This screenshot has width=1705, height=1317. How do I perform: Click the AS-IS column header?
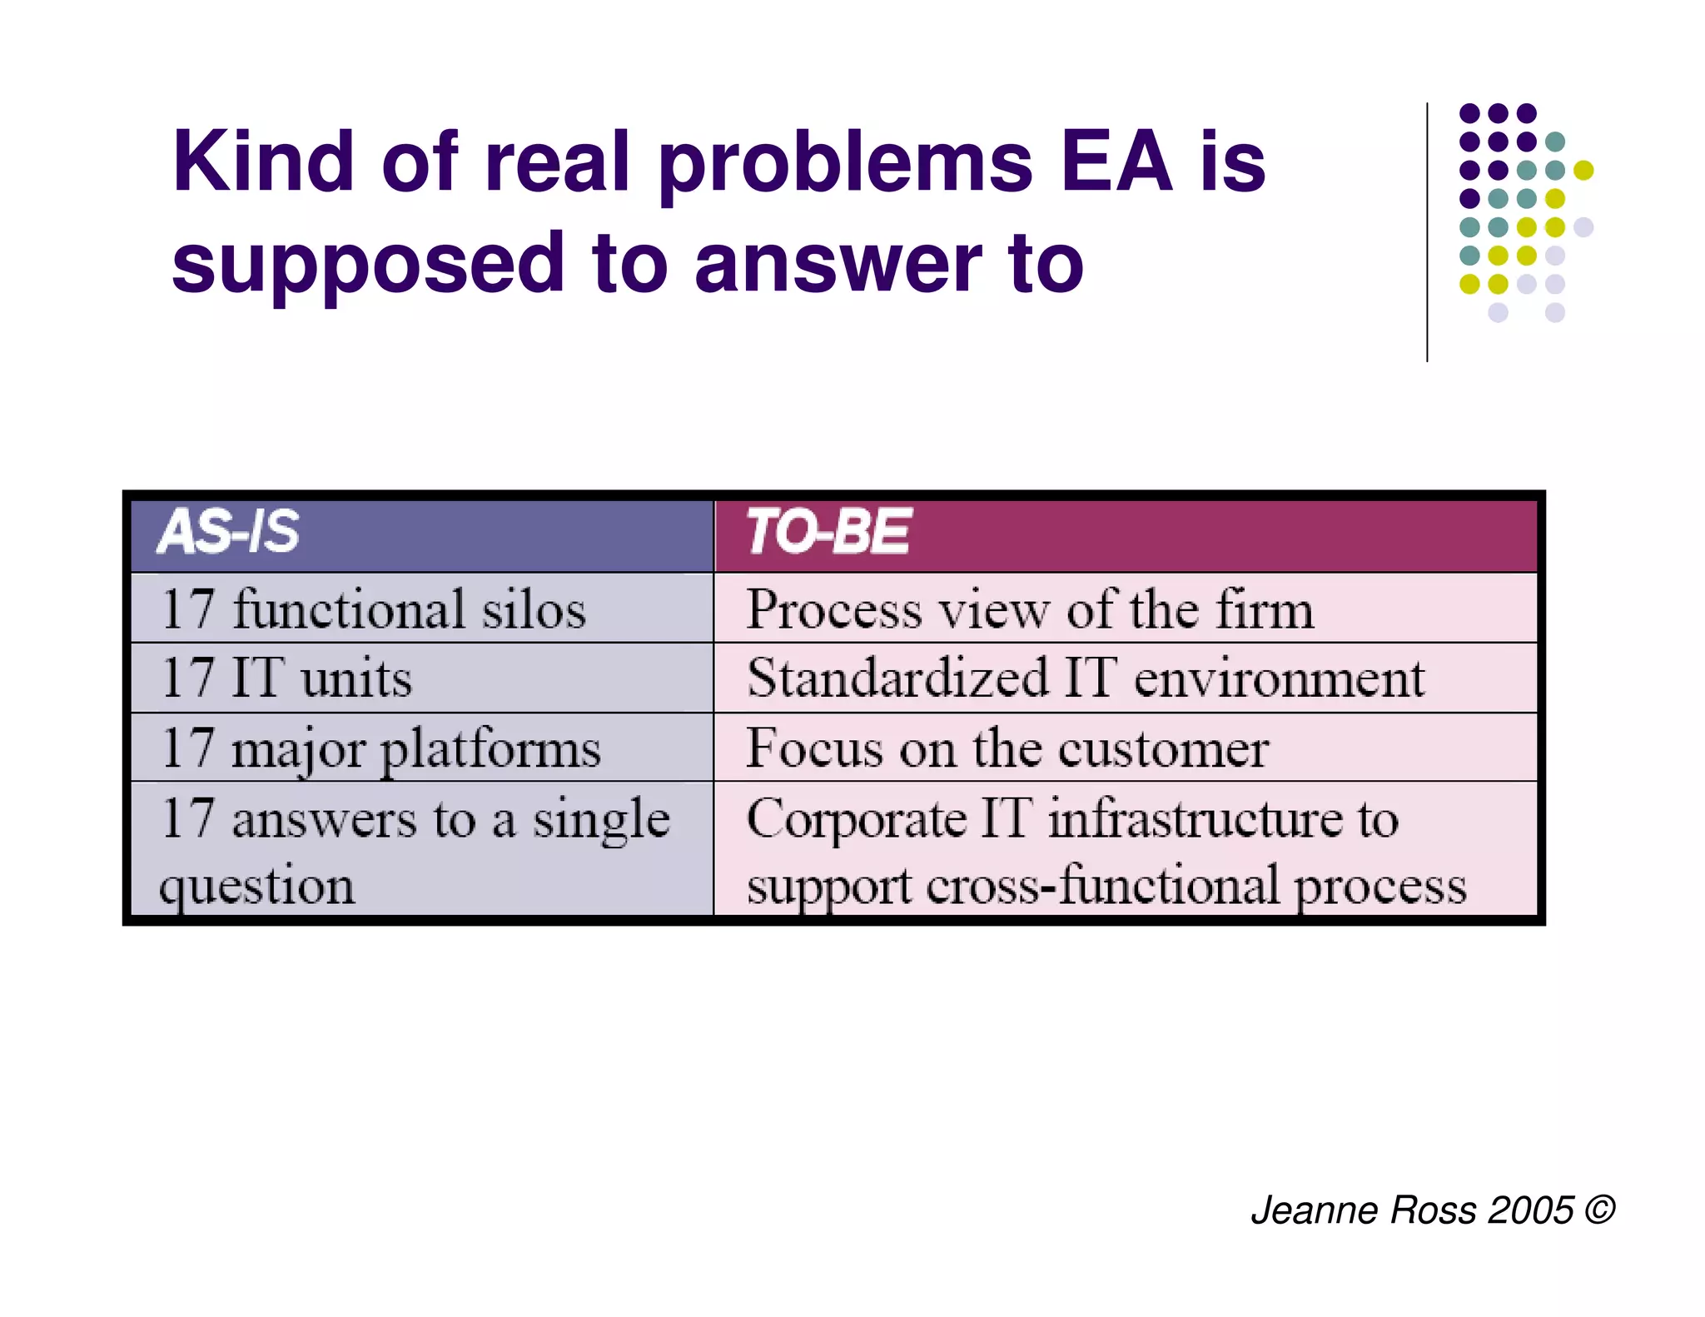pos(228,532)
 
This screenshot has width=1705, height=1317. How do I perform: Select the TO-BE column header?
pos(828,532)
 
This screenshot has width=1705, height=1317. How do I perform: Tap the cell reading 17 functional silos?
pos(374,609)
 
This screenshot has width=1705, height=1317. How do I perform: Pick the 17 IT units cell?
pos(287,678)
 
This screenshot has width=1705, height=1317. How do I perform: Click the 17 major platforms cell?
pos(381,748)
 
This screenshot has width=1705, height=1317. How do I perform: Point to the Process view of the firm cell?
pos(1030,609)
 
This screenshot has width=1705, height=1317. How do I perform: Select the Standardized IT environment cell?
pos(1086,678)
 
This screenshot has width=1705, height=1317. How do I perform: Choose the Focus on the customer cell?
pos(1007,748)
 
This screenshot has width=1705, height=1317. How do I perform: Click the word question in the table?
pos(256,886)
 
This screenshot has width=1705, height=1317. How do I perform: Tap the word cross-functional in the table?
pos(1104,886)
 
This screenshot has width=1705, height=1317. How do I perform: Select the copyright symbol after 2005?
pos(1599,1209)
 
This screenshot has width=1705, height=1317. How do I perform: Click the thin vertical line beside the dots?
pos(1427,232)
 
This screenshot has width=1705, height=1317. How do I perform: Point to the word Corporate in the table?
pos(856,819)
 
